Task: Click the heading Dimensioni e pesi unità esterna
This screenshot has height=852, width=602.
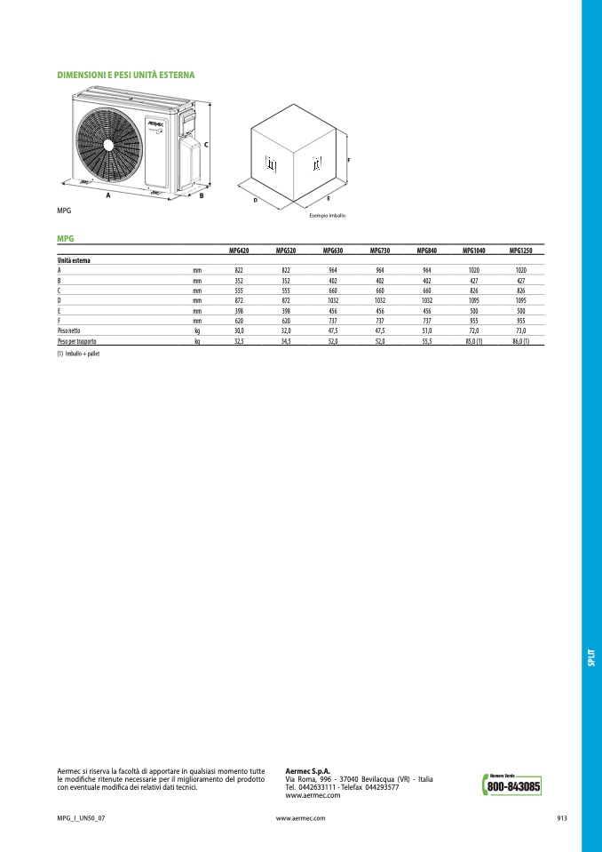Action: (126, 75)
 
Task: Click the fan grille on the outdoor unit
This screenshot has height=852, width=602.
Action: (109, 145)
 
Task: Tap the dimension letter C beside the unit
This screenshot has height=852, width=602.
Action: (206, 145)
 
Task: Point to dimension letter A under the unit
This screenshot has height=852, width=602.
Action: (108, 195)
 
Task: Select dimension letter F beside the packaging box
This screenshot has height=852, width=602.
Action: (349, 160)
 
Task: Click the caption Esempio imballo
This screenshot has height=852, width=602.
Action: (328, 216)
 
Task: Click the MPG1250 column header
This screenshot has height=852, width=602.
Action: (520, 251)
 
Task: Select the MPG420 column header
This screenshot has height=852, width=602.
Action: (239, 251)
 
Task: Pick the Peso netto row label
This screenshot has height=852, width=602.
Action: (69, 330)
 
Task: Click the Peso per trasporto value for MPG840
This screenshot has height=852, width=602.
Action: (427, 341)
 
